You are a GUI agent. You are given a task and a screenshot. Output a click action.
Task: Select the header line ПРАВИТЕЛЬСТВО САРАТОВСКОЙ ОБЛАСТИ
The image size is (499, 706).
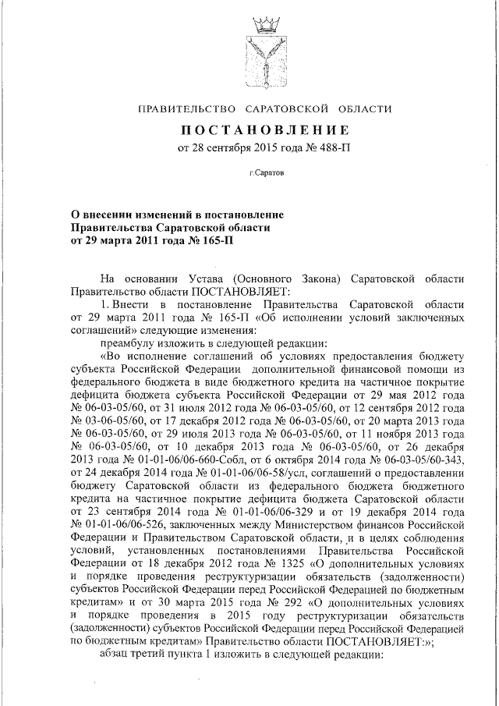264,108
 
